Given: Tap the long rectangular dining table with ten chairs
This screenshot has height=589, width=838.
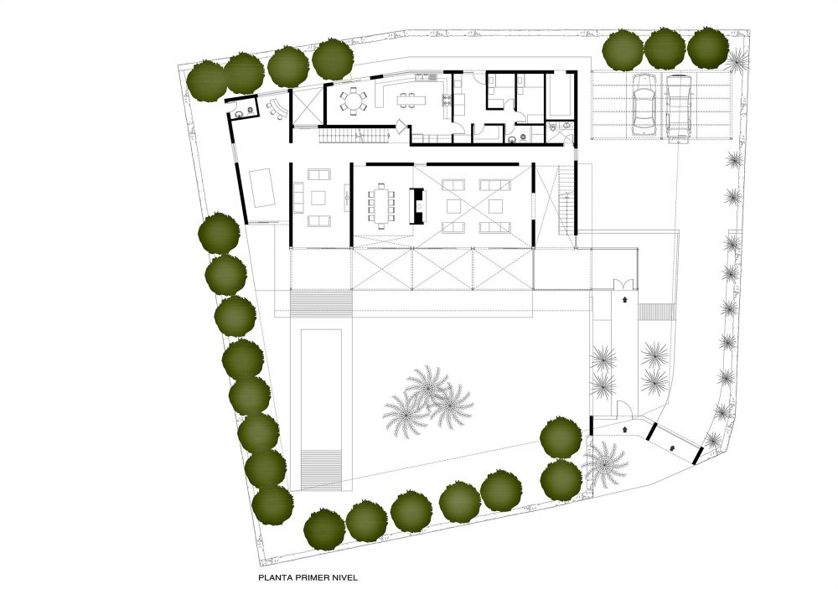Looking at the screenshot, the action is coord(381,205).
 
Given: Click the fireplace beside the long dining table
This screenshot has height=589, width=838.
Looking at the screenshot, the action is coord(416,205).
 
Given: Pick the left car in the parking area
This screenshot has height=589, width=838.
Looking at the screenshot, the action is coord(644,105).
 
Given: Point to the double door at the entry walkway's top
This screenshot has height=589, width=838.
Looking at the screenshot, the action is coord(623,285).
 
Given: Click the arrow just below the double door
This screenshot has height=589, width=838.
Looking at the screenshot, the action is coord(623,301).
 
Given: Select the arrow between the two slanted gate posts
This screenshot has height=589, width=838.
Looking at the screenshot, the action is coord(672,447).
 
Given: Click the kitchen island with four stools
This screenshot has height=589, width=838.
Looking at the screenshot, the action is coord(411,101).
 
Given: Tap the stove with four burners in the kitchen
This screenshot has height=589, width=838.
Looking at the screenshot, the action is coord(444,101).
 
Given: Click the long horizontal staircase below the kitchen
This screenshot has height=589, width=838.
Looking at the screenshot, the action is coord(354,137).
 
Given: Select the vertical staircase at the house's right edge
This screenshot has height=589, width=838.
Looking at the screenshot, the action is coord(566,200).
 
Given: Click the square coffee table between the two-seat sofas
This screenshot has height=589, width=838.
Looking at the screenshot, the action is coord(318,198).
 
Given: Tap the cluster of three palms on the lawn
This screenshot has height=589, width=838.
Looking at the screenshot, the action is coord(428,400).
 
